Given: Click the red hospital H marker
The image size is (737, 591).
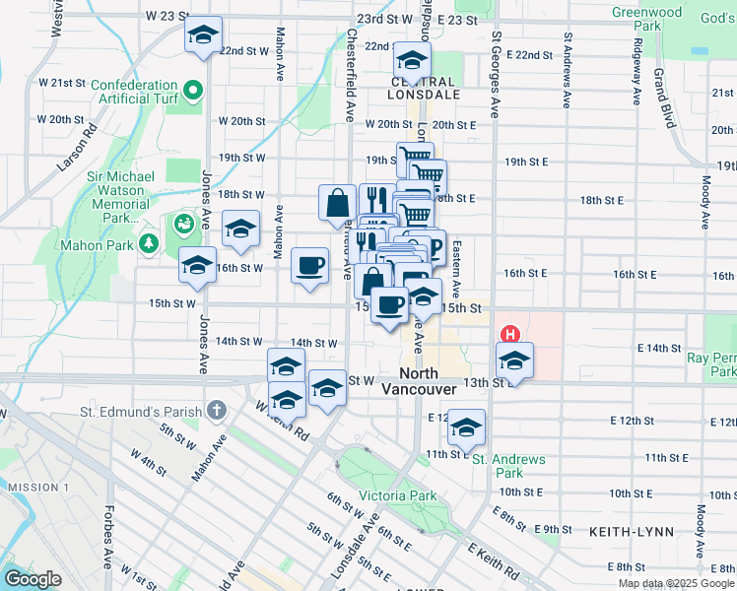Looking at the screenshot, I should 510,335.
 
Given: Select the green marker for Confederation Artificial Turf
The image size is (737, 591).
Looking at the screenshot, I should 193,93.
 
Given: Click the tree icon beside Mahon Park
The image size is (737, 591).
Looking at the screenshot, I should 148,241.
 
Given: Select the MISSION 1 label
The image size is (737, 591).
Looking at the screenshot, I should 37,488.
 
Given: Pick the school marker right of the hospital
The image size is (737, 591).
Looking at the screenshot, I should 514,361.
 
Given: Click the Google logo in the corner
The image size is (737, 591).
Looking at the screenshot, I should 33,579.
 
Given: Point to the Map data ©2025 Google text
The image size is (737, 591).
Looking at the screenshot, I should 676,583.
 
